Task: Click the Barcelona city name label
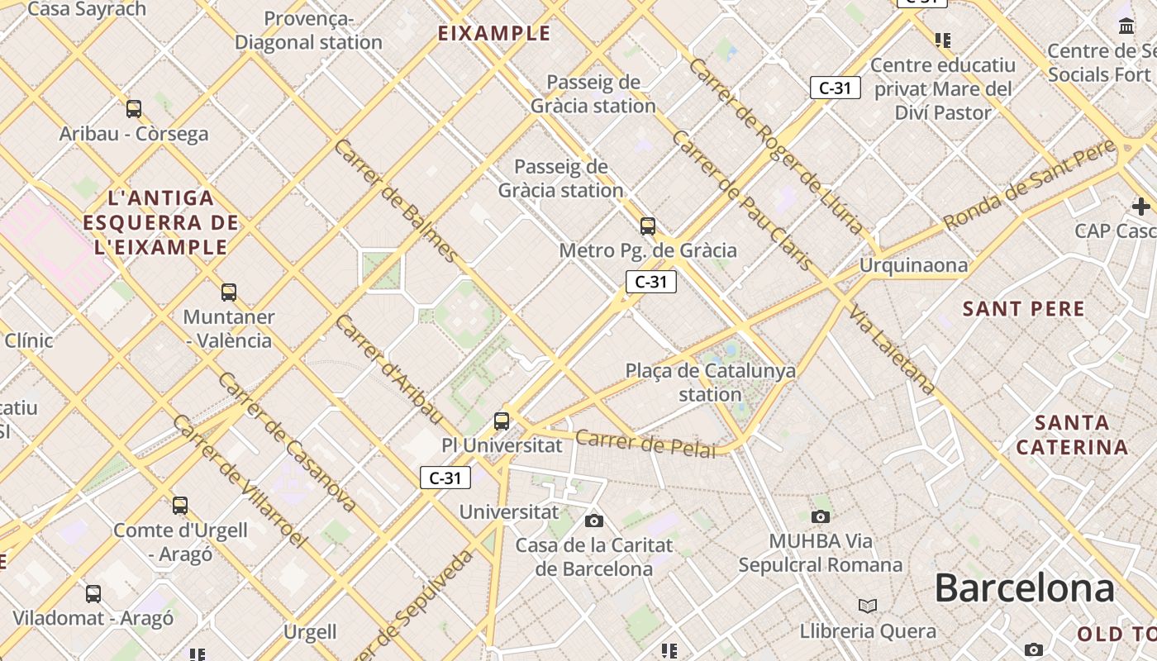coord(1024,588)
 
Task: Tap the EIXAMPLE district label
coord(493,33)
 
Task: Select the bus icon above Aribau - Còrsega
coord(134,108)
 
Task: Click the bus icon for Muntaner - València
coord(229,292)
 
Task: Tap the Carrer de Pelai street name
coord(645,443)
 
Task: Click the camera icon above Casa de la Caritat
coord(594,521)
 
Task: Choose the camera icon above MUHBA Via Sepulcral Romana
coord(820,516)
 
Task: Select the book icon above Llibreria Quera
coord(867,606)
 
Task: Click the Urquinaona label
coord(913,265)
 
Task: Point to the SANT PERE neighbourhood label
coord(1023,309)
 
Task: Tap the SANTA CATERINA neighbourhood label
coord(1072,435)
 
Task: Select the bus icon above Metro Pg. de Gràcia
coord(648,226)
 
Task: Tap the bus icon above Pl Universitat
coord(502,421)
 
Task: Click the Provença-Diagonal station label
coord(308,31)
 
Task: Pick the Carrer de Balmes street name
coord(395,200)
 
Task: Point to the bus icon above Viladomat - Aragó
coord(93,593)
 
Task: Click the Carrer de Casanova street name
coord(288,442)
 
